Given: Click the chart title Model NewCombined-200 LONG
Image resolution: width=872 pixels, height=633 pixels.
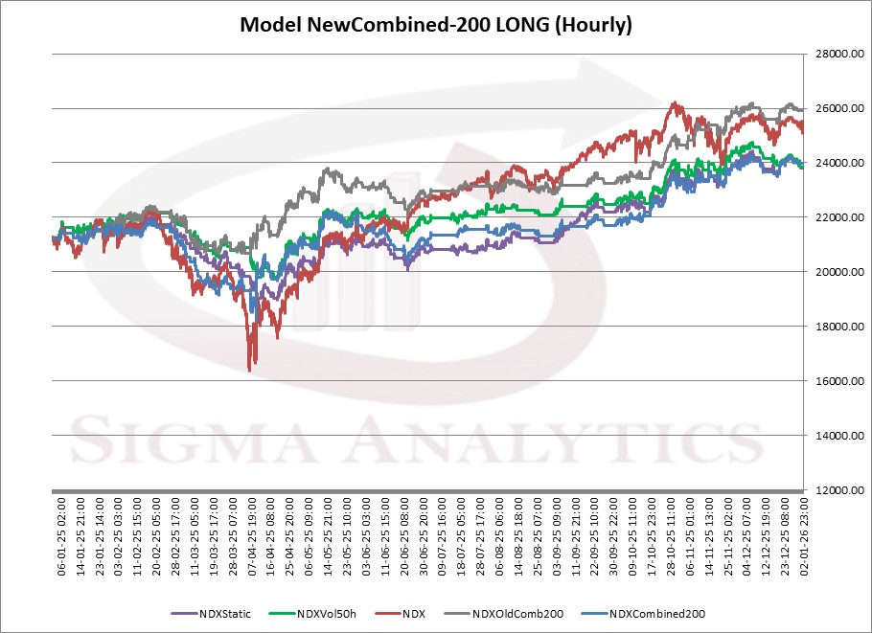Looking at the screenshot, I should (x=435, y=26).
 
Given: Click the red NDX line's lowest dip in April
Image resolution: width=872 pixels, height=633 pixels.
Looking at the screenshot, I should (x=250, y=369).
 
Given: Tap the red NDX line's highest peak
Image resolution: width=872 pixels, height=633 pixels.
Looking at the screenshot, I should (x=675, y=103).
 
